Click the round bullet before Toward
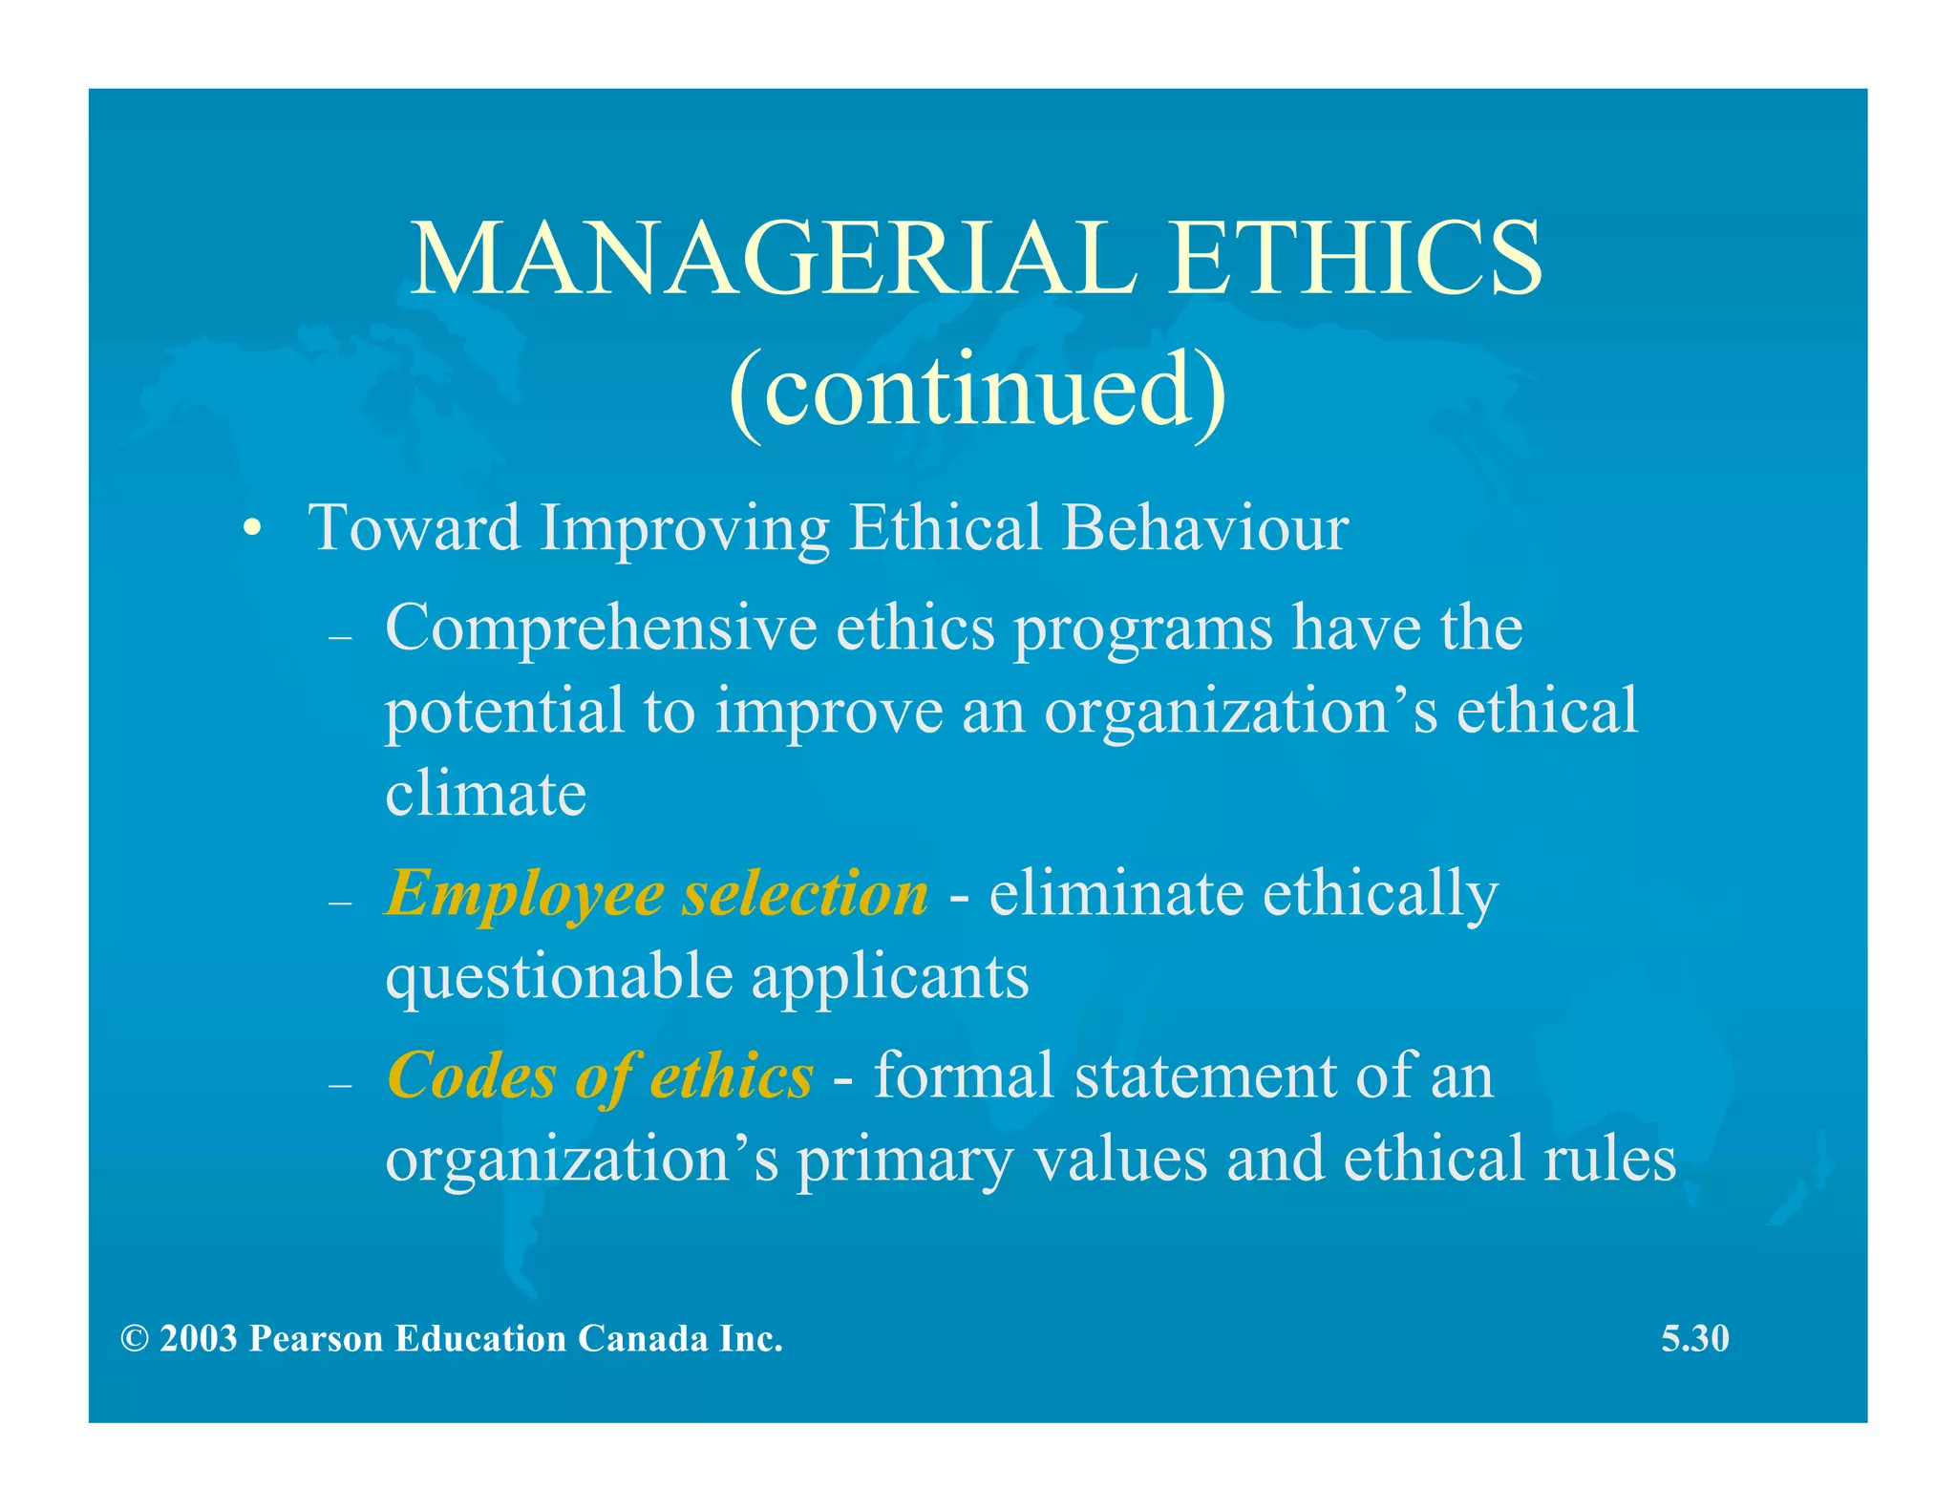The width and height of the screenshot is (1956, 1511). tap(251, 529)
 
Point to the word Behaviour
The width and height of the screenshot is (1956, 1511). tap(1205, 527)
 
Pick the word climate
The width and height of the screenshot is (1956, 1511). tap(485, 795)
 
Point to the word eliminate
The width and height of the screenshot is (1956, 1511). tap(1116, 894)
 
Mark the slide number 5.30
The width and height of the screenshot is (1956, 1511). tap(1695, 1339)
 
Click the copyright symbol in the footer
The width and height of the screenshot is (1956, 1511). tap(135, 1339)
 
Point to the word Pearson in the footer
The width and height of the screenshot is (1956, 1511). tap(316, 1339)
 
